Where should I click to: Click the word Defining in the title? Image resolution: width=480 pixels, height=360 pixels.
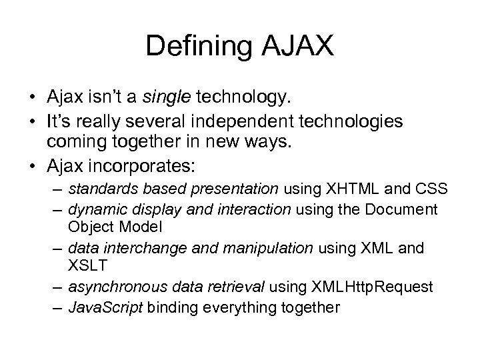click(x=193, y=47)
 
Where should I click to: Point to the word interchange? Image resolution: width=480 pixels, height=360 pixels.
click(x=131, y=249)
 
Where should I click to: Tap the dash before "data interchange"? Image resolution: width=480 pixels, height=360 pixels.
click(x=57, y=249)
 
